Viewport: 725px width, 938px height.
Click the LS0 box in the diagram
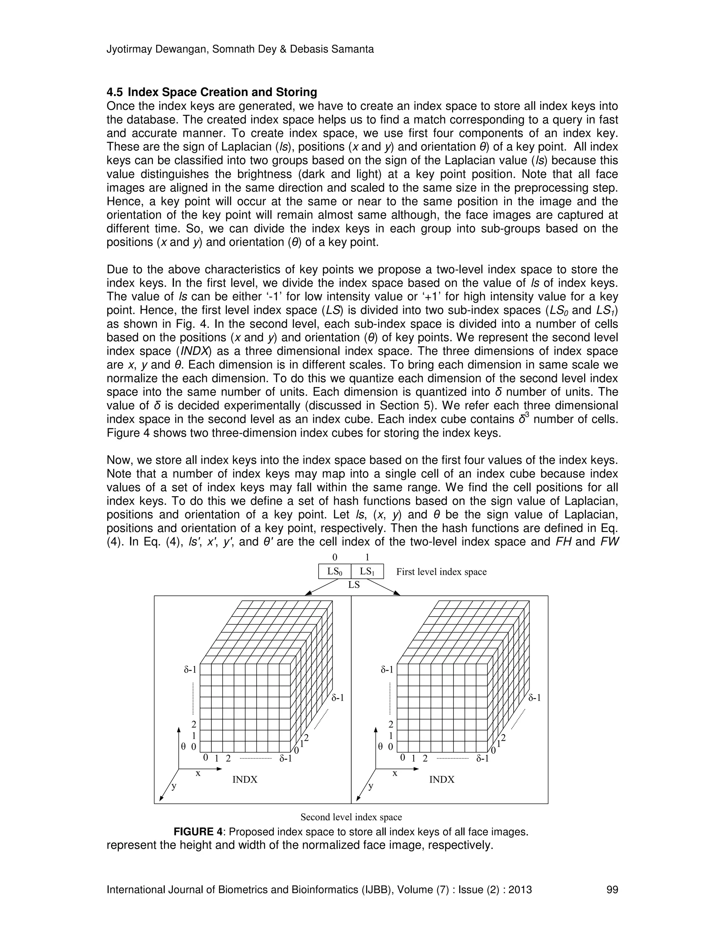tap(335, 572)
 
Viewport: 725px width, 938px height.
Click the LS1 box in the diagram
tap(367, 572)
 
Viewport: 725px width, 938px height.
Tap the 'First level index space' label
tap(441, 572)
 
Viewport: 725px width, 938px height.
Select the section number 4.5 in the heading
tap(115, 92)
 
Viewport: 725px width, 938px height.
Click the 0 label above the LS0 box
tap(335, 557)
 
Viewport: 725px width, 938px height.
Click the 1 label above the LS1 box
tap(367, 557)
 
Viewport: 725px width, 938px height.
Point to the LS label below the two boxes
tap(354, 584)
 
